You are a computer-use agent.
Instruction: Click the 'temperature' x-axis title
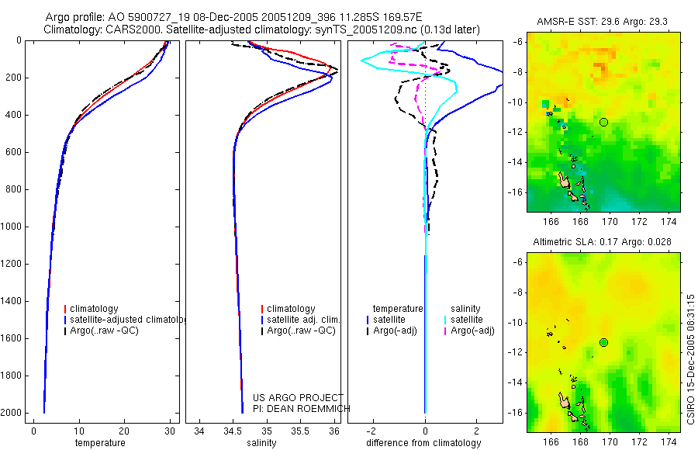click(x=99, y=443)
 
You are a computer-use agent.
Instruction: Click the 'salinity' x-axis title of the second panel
click(x=261, y=443)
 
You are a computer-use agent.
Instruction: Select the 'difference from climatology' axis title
click(x=425, y=443)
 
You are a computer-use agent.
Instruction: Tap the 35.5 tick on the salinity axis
click(x=300, y=431)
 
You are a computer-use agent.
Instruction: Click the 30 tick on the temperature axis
click(x=169, y=431)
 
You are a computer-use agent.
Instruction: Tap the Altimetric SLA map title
click(x=602, y=243)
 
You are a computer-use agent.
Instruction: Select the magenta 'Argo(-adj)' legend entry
click(x=472, y=331)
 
